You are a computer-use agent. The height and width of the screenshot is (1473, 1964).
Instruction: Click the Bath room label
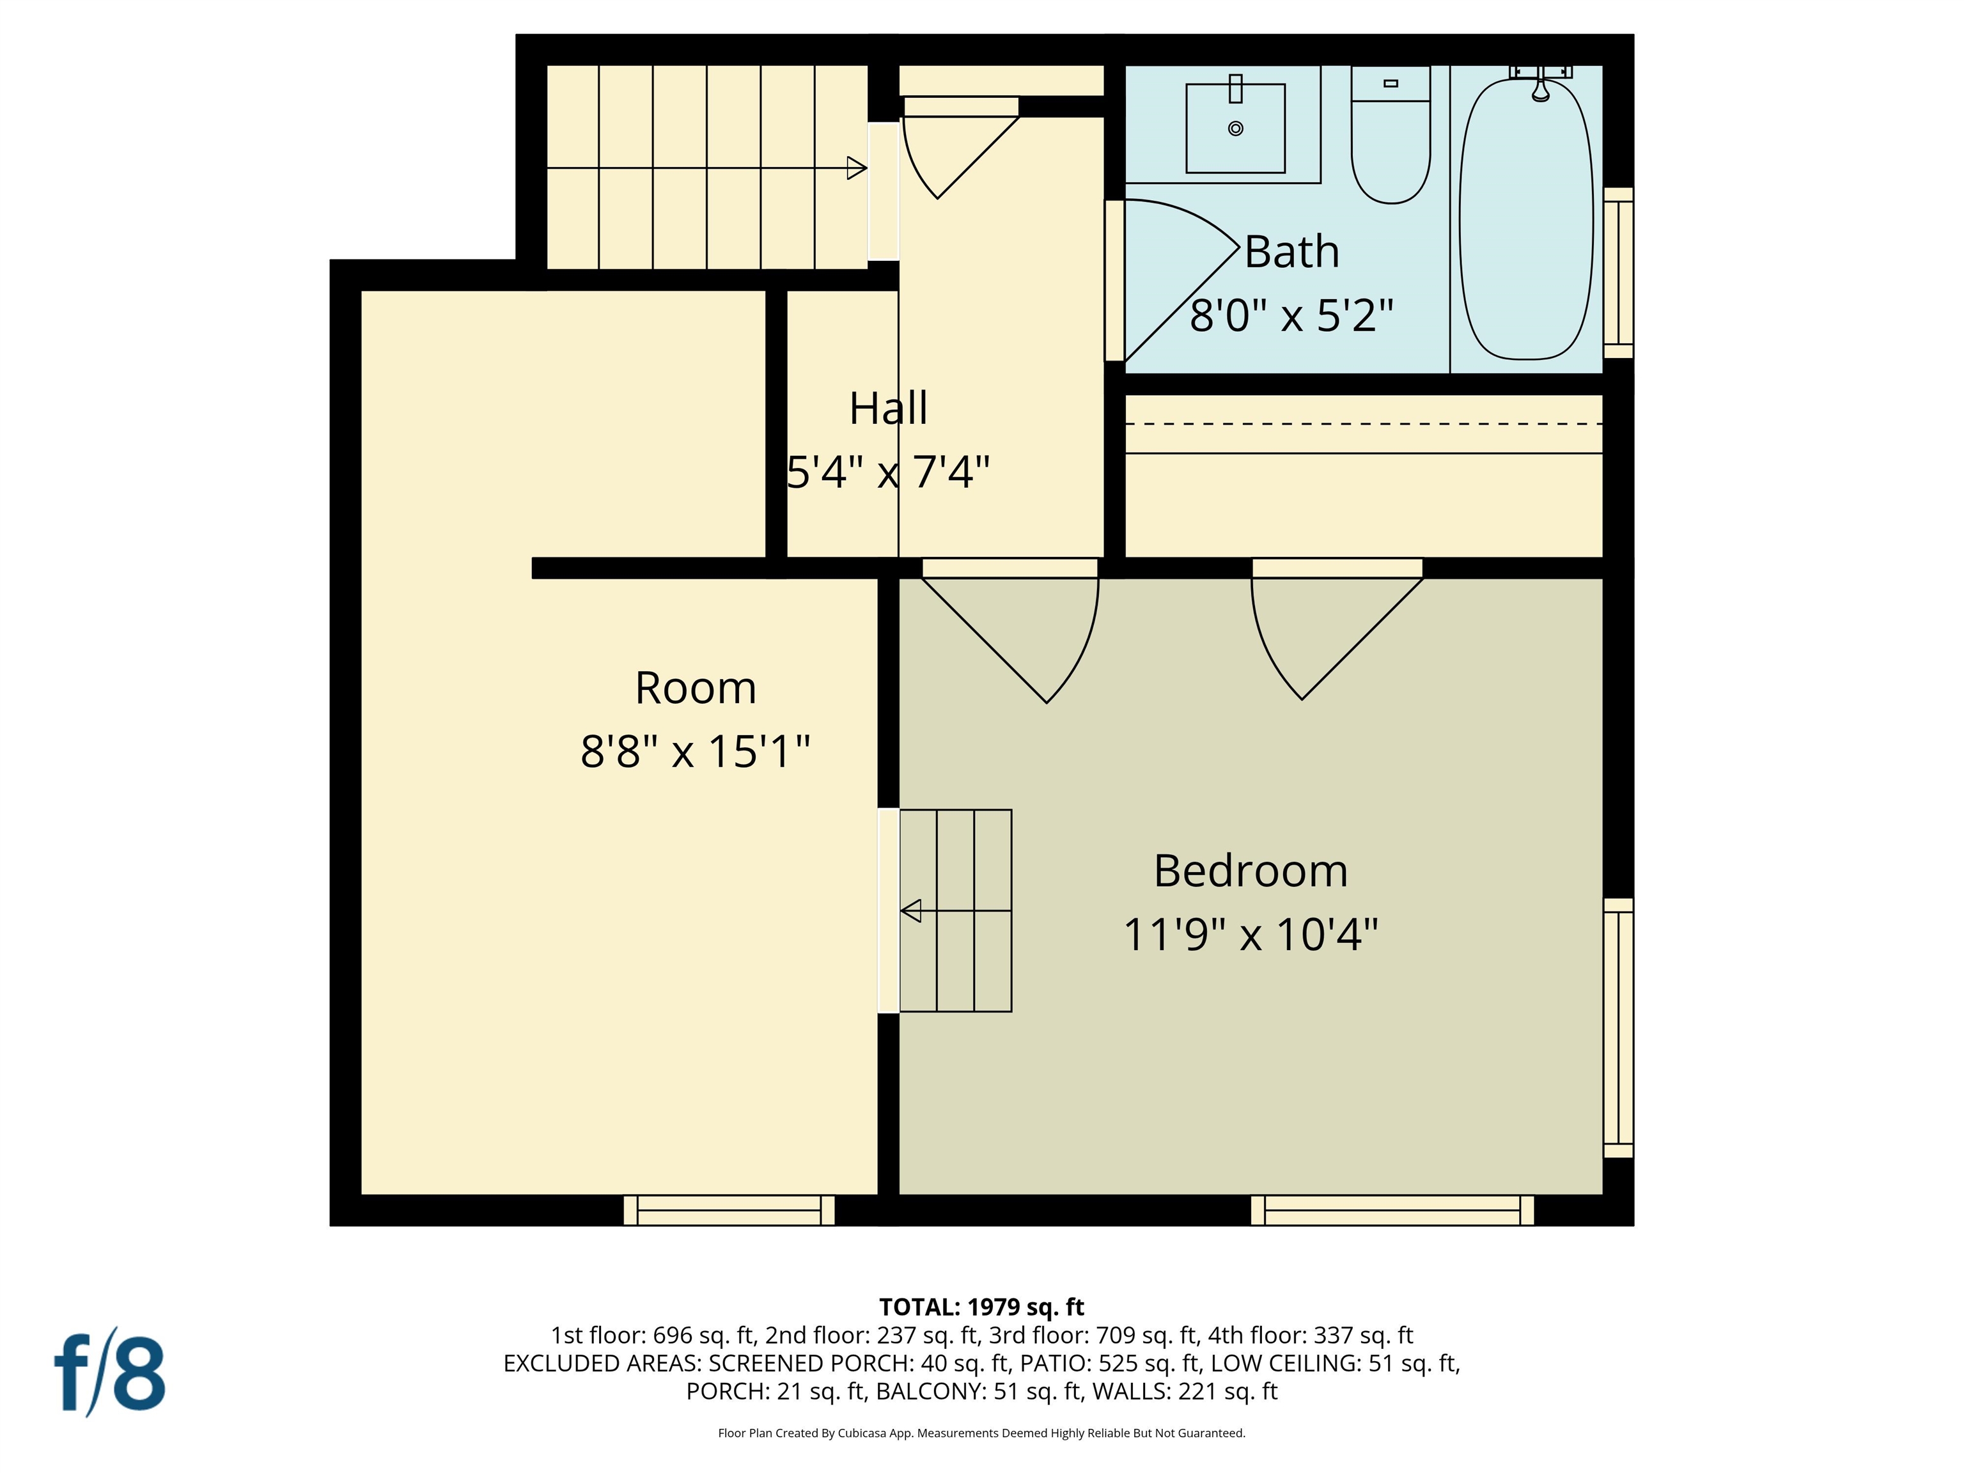coord(1291,252)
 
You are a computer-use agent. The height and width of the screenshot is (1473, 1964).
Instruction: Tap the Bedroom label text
coord(1250,871)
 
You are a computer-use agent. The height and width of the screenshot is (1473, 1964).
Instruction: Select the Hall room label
coord(888,409)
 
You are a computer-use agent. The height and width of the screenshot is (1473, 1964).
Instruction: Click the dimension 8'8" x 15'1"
coord(695,752)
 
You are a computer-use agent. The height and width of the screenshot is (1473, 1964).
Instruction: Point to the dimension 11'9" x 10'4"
coord(1250,935)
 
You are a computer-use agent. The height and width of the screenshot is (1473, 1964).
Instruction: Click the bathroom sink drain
coord(1235,129)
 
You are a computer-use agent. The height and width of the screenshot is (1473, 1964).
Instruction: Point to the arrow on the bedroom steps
coord(911,911)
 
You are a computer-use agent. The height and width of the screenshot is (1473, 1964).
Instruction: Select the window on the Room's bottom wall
coord(729,1210)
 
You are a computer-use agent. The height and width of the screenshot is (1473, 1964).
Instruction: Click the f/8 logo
coord(110,1373)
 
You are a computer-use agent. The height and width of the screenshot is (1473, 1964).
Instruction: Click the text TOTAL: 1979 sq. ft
coord(981,1307)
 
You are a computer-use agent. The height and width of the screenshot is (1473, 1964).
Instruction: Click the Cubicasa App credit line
coord(981,1433)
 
